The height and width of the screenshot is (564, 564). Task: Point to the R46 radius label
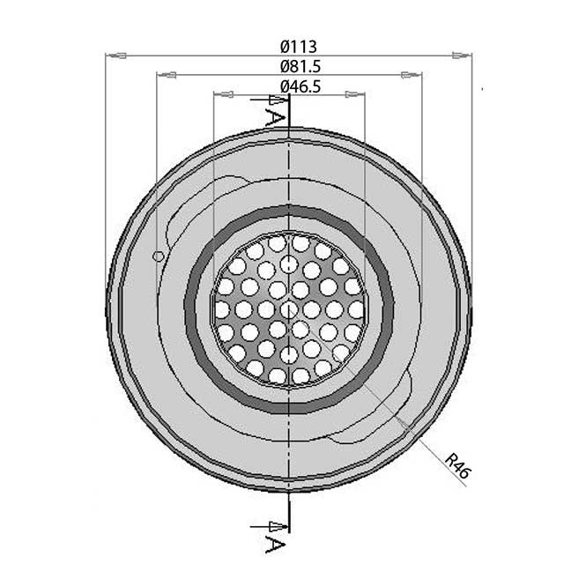click(458, 465)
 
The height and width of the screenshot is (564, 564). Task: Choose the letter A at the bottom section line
click(276, 537)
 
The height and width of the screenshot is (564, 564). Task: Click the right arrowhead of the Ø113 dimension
click(461, 56)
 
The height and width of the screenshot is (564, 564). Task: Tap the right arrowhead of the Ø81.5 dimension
click(412, 75)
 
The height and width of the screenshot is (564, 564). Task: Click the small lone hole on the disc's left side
click(158, 256)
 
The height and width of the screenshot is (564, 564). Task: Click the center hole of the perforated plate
click(288, 308)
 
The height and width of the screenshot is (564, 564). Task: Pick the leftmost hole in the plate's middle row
click(221, 308)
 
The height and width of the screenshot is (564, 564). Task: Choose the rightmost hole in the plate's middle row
click(356, 308)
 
